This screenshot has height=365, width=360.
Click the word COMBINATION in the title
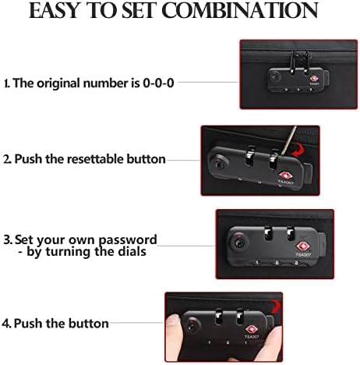240,10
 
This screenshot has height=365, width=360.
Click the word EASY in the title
55,10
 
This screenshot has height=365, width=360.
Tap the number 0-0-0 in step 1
158,83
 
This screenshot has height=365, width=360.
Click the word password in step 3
128,240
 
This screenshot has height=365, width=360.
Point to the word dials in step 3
132,251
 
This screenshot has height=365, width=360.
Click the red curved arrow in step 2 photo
298,151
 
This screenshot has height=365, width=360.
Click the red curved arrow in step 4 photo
275,306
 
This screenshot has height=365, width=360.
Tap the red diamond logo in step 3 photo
302,246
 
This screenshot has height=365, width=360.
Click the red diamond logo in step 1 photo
313,79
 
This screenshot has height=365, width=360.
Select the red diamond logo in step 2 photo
285,175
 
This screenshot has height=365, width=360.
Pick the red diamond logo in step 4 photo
252,329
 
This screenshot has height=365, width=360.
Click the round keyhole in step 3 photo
238,243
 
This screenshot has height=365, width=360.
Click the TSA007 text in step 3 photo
303,255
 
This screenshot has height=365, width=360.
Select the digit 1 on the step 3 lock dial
257,263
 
